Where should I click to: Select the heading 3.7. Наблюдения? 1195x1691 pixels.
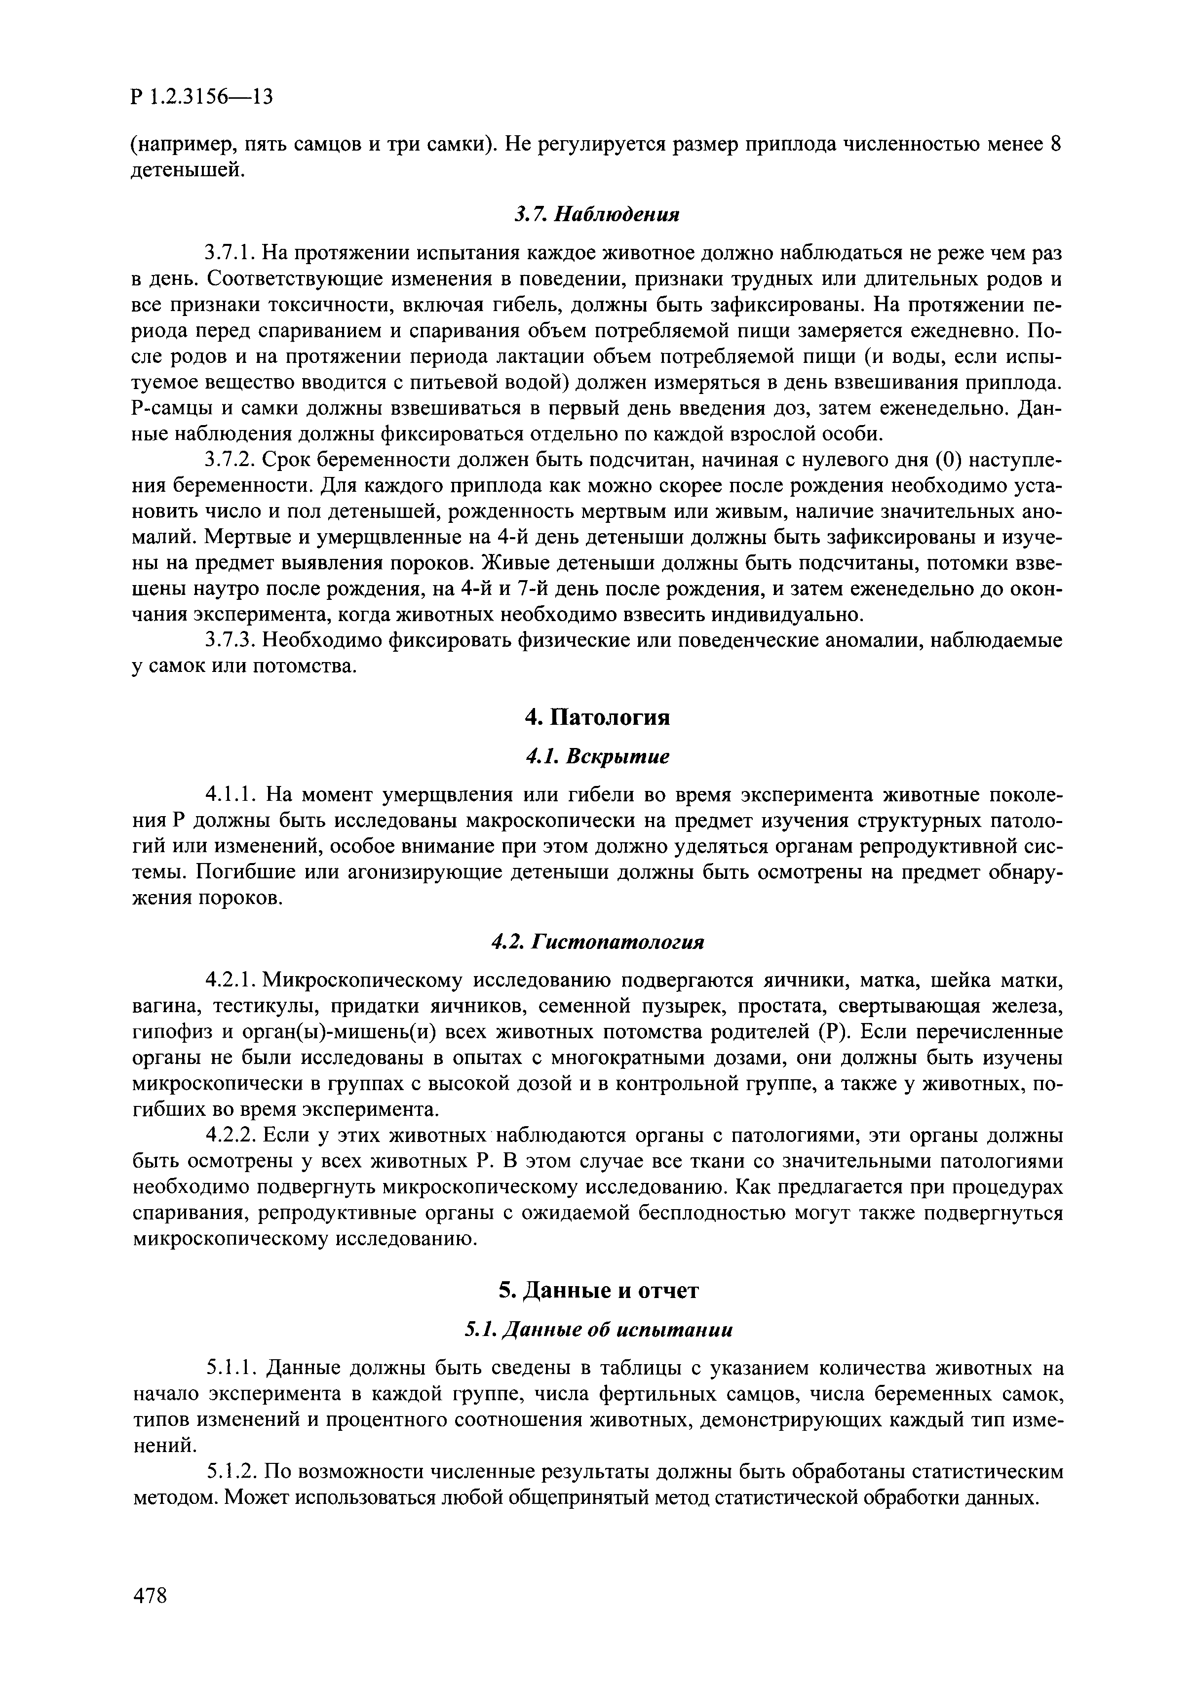click(596, 214)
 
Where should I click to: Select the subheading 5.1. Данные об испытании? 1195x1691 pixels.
click(597, 1330)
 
